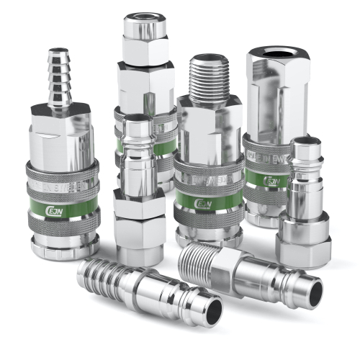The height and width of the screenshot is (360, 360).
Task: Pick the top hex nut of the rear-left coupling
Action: coord(144,50)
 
